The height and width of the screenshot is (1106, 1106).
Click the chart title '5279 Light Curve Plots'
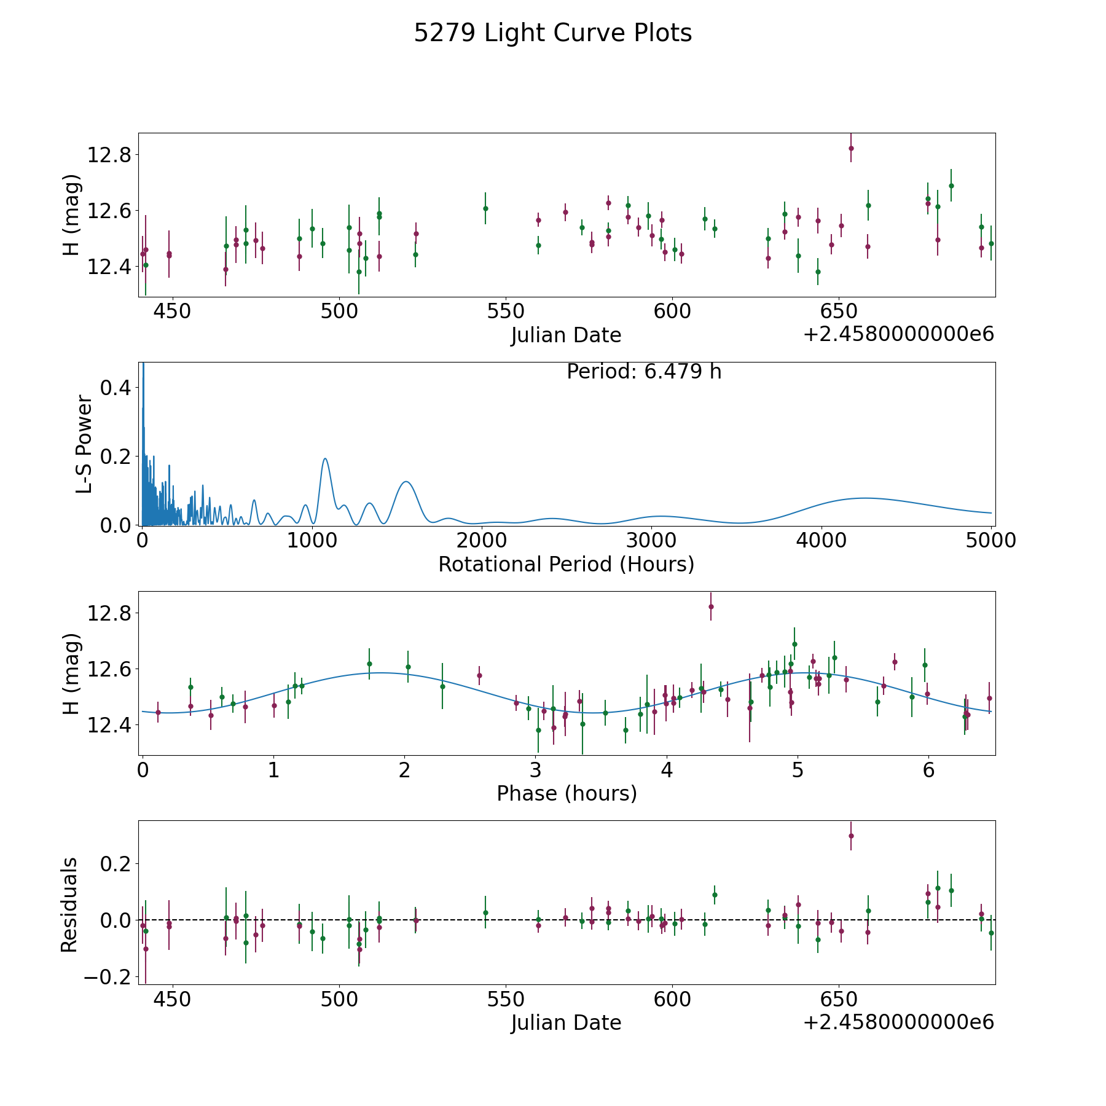coord(552,33)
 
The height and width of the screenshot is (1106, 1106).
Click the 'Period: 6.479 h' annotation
coord(643,372)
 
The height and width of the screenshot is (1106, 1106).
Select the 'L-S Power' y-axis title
coord(84,444)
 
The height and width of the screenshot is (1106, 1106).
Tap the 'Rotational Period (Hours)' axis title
coord(566,564)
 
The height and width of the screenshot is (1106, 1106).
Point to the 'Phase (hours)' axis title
coord(566,793)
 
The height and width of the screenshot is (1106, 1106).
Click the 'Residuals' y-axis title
coord(69,904)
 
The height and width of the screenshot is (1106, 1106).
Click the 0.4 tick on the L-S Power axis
coord(116,388)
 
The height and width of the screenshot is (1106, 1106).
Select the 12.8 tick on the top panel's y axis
coord(109,155)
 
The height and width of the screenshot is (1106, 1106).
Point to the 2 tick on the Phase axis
coord(404,770)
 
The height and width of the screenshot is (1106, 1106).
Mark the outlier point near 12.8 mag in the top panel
coord(851,148)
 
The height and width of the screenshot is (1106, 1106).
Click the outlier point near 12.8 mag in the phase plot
coord(711,606)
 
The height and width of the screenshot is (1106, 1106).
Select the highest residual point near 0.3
coord(851,836)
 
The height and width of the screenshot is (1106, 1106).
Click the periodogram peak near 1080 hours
coord(325,458)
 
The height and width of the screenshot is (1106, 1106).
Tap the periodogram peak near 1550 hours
coord(406,482)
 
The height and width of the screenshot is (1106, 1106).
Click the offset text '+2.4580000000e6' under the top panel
coord(898,335)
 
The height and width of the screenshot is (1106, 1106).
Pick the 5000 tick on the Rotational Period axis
coord(990,541)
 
